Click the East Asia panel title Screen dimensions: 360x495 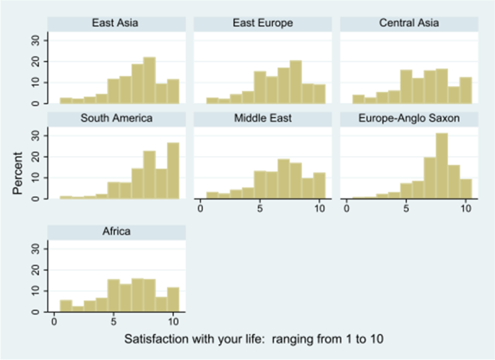click(116, 23)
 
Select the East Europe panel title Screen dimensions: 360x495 click(262, 23)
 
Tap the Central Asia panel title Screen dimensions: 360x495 click(409, 23)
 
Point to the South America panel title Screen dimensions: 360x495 click(116, 118)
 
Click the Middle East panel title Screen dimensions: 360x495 click(262, 118)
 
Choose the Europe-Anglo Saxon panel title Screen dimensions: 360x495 click(409, 118)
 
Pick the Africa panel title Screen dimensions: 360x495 click(116, 231)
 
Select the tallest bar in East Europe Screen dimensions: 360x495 click(296, 82)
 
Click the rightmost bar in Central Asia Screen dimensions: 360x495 click(465, 90)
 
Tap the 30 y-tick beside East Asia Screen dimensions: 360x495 click(38, 40)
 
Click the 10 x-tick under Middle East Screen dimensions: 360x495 click(319, 209)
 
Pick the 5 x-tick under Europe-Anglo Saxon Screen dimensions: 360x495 click(407, 209)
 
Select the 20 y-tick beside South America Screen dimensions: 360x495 click(38, 156)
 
